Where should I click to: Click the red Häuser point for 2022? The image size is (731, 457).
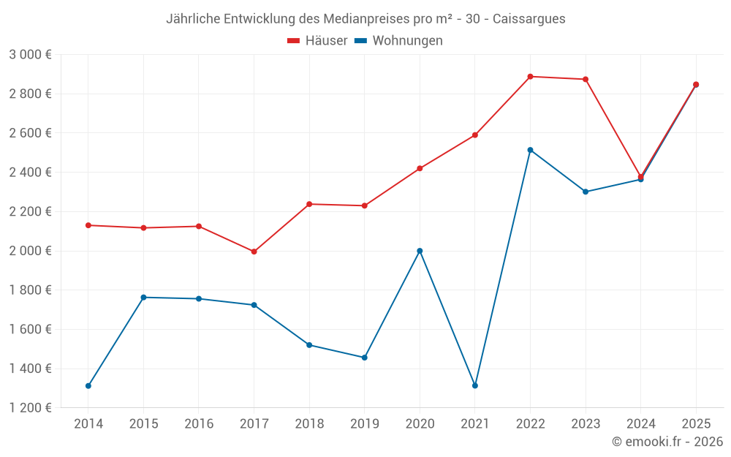[530, 76]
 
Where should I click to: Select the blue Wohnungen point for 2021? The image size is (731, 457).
[475, 385]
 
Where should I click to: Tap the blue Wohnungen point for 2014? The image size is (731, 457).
[88, 385]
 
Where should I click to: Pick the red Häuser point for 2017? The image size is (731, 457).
[254, 252]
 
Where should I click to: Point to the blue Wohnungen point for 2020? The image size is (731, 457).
[420, 251]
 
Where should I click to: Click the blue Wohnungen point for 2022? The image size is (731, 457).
[530, 150]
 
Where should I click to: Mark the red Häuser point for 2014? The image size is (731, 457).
[88, 225]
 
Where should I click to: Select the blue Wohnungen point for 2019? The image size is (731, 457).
[364, 358]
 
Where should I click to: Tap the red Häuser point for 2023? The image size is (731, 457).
[586, 79]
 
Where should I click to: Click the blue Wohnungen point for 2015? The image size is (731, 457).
[143, 298]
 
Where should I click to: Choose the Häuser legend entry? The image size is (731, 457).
[317, 41]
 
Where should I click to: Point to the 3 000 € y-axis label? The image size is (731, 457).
[30, 54]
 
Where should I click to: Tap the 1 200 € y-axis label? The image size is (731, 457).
[30, 408]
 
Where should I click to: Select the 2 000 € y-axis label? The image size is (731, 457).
[30, 251]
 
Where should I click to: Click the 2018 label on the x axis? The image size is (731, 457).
[309, 424]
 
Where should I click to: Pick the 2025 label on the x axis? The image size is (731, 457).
[696, 424]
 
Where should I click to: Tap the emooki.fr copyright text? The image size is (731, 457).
[667, 442]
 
